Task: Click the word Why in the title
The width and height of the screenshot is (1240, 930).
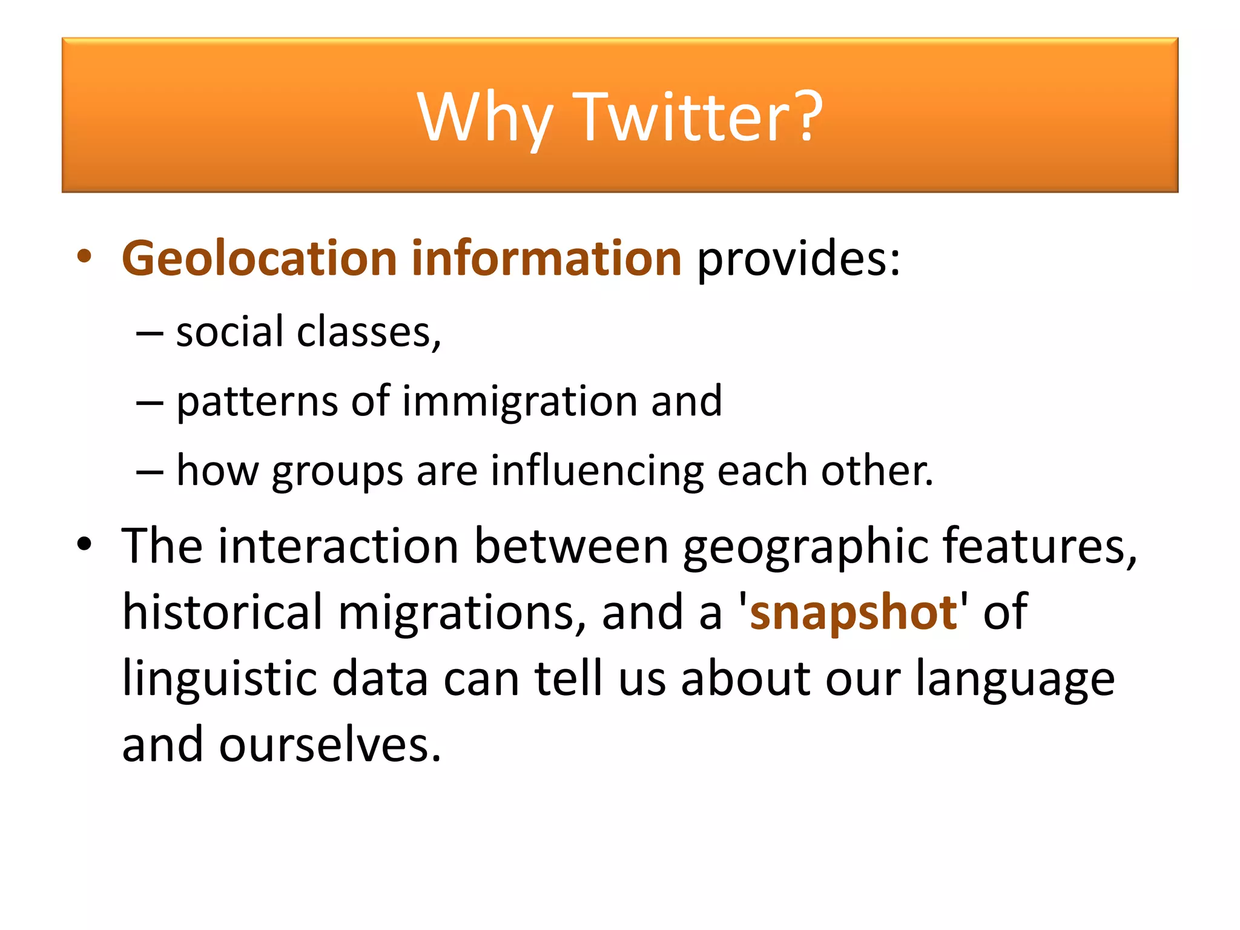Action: pos(484,118)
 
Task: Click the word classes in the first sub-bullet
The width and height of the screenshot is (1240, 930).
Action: pos(369,332)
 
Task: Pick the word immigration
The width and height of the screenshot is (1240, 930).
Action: pos(520,402)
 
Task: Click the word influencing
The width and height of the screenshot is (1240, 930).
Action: pos(597,471)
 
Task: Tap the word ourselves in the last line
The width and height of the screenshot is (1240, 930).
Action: pos(329,745)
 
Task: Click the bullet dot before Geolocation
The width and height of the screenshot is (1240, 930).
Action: pos(84,257)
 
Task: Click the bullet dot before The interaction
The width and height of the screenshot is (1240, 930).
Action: pos(84,544)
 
